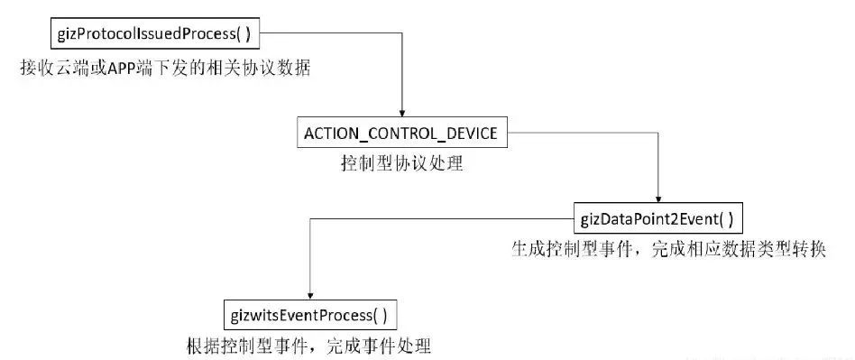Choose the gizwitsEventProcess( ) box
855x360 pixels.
[x=309, y=315]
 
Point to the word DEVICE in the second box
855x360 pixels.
[x=473, y=134]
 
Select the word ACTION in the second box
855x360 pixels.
[x=331, y=134]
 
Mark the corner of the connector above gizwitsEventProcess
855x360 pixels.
[x=309, y=218]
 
